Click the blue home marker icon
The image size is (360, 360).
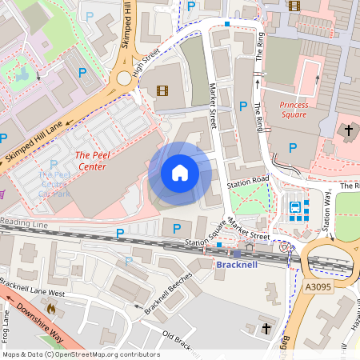coord(180,173)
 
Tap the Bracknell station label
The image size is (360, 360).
coord(237,264)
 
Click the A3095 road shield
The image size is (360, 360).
coord(318,286)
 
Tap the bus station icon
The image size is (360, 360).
coord(295,210)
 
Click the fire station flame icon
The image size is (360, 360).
coord(52,306)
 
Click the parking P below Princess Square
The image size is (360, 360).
coord(293,147)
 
